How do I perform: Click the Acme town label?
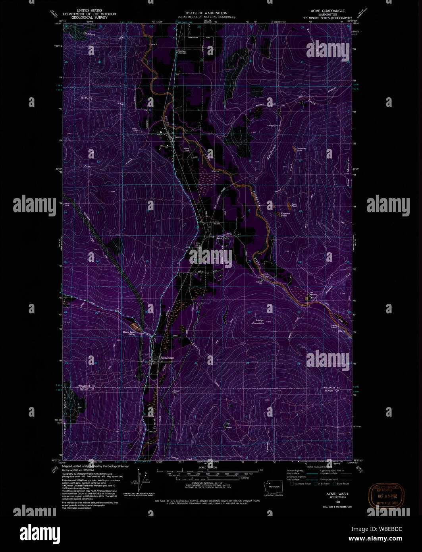click(x=178, y=137)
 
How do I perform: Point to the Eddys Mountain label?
click(x=257, y=322)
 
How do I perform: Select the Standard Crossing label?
click(x=182, y=52)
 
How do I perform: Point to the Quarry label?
click(x=229, y=428)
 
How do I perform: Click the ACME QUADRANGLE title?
click(x=328, y=11)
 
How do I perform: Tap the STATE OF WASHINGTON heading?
click(x=206, y=13)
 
